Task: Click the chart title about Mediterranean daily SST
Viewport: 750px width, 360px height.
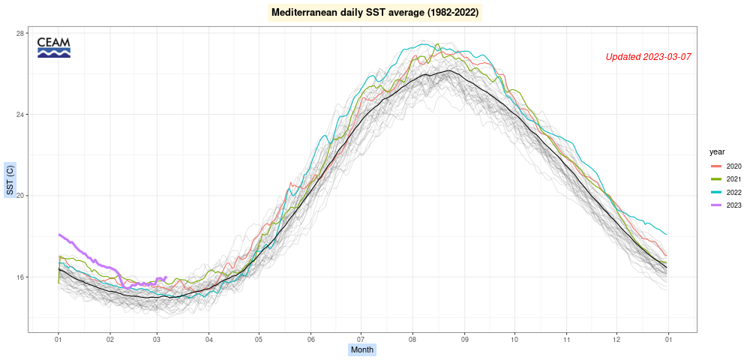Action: click(374, 13)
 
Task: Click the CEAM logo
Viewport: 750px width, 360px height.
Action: click(53, 47)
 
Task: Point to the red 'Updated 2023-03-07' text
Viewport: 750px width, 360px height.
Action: click(648, 57)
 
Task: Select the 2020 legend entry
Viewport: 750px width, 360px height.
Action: click(725, 166)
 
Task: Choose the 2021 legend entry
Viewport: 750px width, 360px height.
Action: click(725, 179)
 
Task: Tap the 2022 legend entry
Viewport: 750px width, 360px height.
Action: click(725, 192)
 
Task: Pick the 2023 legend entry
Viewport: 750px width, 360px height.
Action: click(725, 205)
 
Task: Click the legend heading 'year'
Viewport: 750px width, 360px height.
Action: click(716, 151)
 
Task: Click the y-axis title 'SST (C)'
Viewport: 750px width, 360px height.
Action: click(10, 180)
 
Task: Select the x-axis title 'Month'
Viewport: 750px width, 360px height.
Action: click(362, 349)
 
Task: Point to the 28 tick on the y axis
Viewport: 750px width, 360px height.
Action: click(19, 34)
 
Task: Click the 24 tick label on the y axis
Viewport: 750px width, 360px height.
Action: click(19, 115)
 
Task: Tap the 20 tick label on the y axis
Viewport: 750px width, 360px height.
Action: click(19, 196)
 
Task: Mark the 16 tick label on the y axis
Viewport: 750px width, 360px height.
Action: click(19, 277)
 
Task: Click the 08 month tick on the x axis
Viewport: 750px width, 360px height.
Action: click(411, 339)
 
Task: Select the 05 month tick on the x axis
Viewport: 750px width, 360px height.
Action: click(259, 339)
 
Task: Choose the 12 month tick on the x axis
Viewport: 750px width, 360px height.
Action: click(617, 339)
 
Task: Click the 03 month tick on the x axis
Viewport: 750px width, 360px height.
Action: click(157, 339)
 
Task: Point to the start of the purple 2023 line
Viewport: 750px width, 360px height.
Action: click(58, 235)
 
